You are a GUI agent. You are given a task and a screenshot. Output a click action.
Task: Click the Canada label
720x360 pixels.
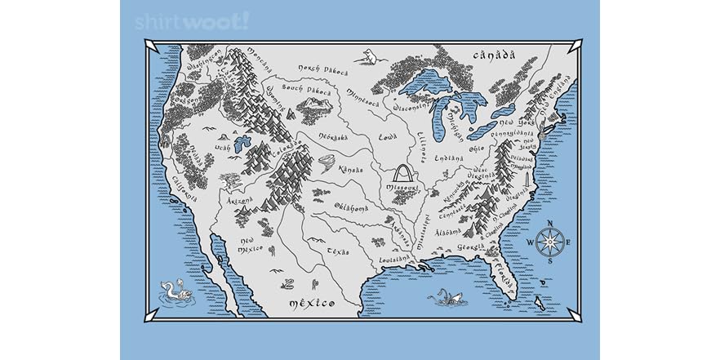(495, 56)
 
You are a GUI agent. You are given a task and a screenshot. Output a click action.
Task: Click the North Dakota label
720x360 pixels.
(322, 69)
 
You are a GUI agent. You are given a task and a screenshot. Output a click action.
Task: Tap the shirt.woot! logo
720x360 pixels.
(191, 21)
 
